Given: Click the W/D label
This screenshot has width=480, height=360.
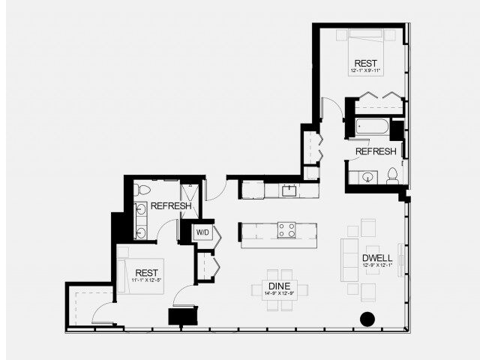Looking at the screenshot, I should (x=203, y=232).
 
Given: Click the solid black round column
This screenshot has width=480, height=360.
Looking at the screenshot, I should (x=367, y=319).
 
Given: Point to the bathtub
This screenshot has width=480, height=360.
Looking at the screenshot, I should (x=372, y=126).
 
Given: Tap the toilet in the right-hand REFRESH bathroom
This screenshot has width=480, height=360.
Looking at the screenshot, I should (x=392, y=176).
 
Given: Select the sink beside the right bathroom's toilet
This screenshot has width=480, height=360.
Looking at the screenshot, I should (x=367, y=178).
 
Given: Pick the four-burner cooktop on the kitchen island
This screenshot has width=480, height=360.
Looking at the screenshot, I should (x=286, y=230).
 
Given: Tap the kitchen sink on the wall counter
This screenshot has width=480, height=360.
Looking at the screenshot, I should (x=289, y=190).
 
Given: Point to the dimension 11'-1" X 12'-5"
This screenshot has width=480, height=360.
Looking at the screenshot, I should (x=146, y=280).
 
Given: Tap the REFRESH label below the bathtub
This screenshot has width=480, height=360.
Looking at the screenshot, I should (x=376, y=151).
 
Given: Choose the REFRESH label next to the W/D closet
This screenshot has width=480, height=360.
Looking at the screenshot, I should (x=170, y=206).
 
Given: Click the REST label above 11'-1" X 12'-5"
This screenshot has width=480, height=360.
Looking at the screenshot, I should (x=146, y=272).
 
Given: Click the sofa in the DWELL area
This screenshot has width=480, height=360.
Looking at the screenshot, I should (x=349, y=259).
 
